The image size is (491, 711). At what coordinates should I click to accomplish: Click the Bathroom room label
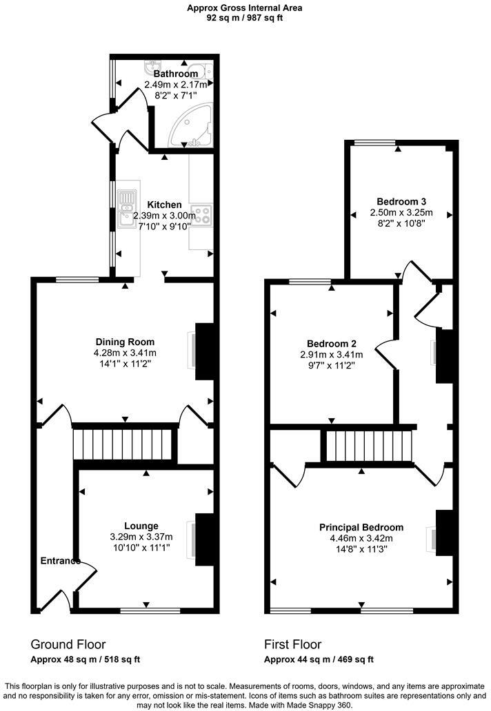pos(175,74)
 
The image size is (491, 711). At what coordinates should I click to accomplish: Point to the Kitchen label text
pos(164,205)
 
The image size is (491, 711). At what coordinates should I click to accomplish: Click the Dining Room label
pos(125,342)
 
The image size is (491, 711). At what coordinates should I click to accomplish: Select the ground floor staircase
pos(124,442)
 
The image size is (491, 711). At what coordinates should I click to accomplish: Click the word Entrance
pos(59,561)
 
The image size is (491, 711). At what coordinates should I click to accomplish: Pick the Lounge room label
pos(141,526)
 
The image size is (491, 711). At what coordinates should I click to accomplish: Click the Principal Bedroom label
pos(361,527)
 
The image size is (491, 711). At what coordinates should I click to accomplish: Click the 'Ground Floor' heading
pos(68,644)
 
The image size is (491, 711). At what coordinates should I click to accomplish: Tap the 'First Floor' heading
pos(292,644)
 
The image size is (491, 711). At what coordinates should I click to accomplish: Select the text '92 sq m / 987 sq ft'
pos(245,19)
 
